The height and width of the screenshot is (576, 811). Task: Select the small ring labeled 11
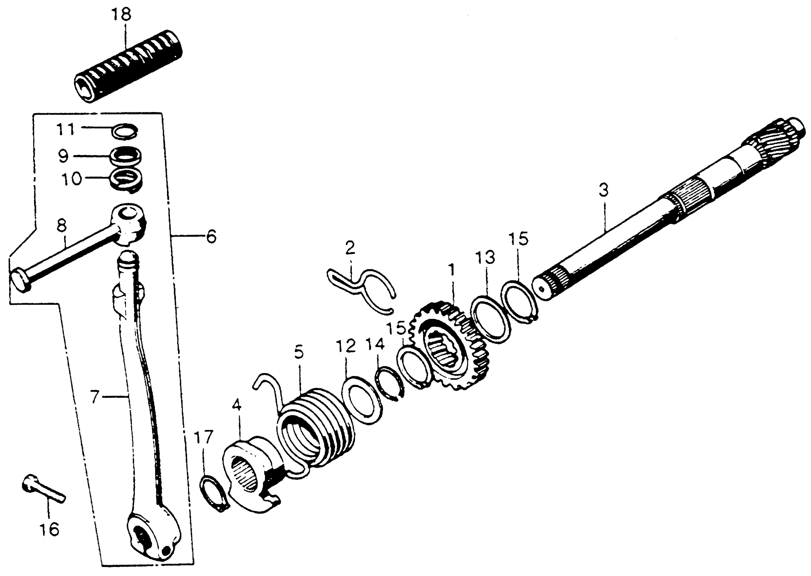click(x=124, y=131)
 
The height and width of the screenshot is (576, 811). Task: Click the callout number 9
click(x=64, y=156)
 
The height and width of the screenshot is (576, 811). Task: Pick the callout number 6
click(x=211, y=236)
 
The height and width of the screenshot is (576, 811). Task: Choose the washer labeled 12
click(x=362, y=400)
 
